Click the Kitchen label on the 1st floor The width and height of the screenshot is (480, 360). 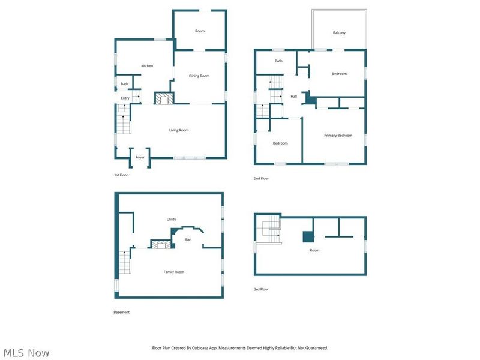[147, 66]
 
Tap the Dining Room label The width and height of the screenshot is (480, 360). [199, 76]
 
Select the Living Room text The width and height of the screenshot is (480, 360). [179, 130]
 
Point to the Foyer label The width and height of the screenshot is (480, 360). [140, 157]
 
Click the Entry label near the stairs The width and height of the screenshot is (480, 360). [125, 98]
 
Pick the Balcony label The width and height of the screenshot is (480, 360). [339, 32]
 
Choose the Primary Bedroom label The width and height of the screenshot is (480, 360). [338, 136]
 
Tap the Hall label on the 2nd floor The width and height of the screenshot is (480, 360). [294, 97]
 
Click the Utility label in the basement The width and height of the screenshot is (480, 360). [171, 220]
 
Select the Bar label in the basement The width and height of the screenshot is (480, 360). [188, 239]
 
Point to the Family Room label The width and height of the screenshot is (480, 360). [174, 272]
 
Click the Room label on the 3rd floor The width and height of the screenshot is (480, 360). [314, 250]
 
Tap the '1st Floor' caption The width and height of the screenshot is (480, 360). [121, 175]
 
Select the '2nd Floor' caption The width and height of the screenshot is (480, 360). [261, 179]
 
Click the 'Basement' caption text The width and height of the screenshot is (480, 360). [122, 312]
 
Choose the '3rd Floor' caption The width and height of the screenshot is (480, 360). [261, 289]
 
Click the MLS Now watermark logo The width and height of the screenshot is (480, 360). [26, 353]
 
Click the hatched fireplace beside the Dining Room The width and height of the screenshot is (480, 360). [163, 98]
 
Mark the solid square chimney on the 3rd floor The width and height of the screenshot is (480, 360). [308, 236]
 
